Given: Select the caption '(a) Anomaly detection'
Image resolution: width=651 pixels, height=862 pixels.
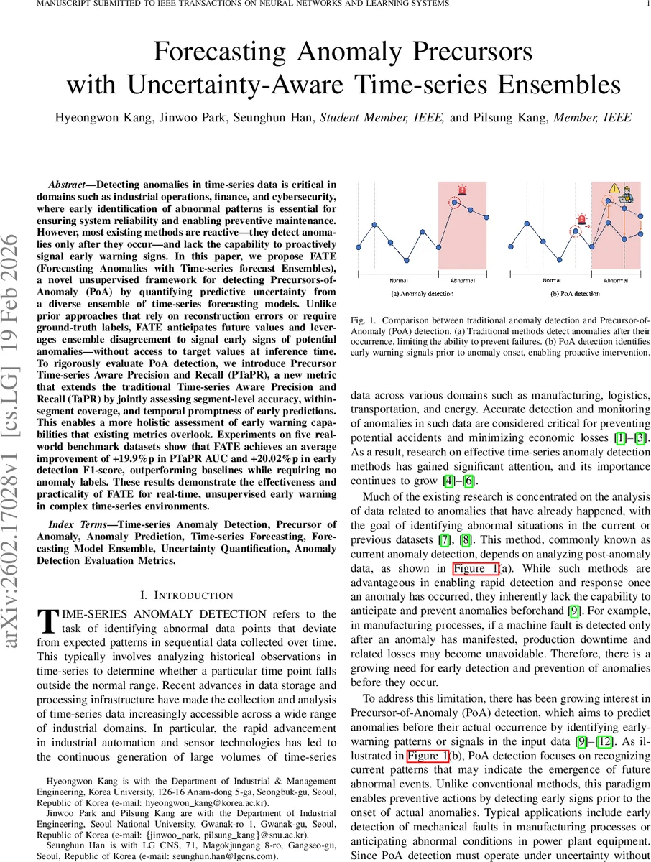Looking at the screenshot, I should (422, 294).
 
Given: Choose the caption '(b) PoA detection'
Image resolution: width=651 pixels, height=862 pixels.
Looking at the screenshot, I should (576, 294).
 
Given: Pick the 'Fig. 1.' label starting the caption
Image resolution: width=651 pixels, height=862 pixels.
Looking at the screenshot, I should (364, 318).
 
